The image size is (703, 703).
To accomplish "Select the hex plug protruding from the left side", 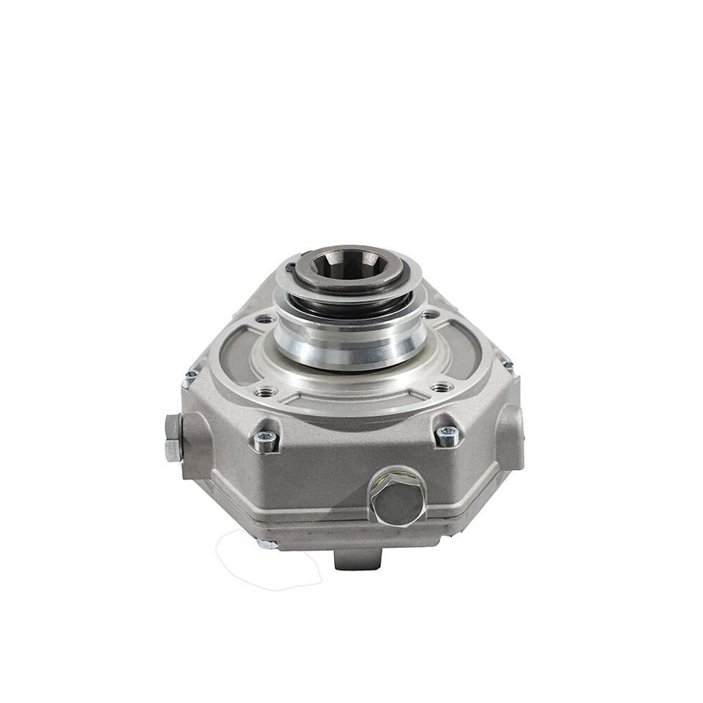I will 173,438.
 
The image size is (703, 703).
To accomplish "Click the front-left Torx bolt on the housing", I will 265,440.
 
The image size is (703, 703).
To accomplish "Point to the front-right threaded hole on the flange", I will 442,387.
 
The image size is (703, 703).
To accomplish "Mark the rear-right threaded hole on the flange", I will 431,315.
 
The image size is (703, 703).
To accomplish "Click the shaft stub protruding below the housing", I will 357,559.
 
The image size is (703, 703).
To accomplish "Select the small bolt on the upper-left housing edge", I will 190,376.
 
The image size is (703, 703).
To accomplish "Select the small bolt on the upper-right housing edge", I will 507,365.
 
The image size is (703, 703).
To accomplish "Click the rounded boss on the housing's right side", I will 510,436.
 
